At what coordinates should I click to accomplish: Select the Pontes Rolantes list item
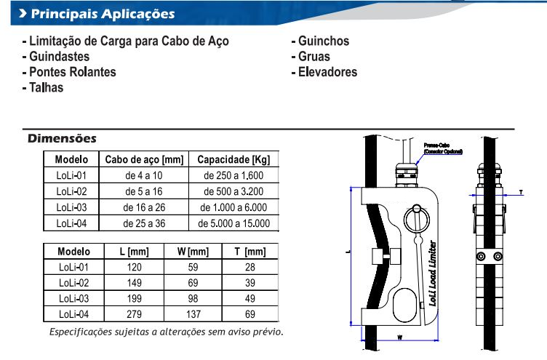coord(70,72)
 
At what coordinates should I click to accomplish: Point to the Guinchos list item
coord(320,41)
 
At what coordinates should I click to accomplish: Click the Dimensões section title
coord(62,138)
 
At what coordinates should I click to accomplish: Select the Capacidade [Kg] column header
coord(233,159)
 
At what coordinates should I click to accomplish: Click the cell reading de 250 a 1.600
coord(233,175)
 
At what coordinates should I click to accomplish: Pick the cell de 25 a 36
coord(144,223)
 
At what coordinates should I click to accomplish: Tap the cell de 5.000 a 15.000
coord(233,223)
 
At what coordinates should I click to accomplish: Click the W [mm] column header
coord(193,252)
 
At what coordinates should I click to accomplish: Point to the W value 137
coord(193,314)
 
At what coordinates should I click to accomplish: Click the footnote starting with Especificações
coord(166,332)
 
